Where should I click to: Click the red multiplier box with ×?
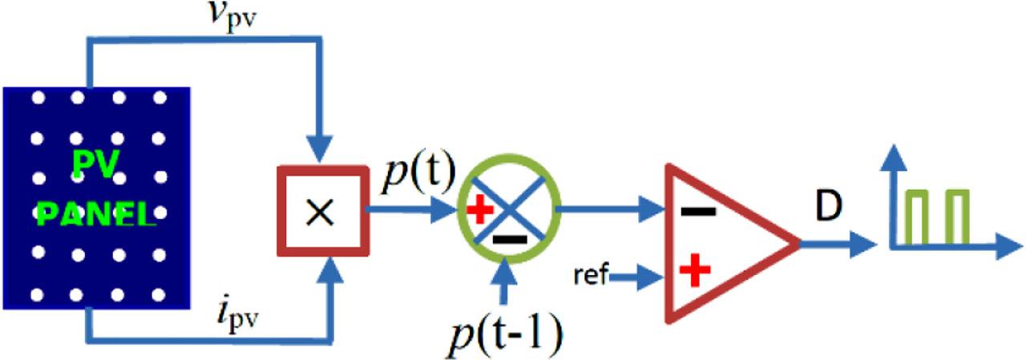[320, 211]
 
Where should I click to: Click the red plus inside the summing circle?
[479, 211]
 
